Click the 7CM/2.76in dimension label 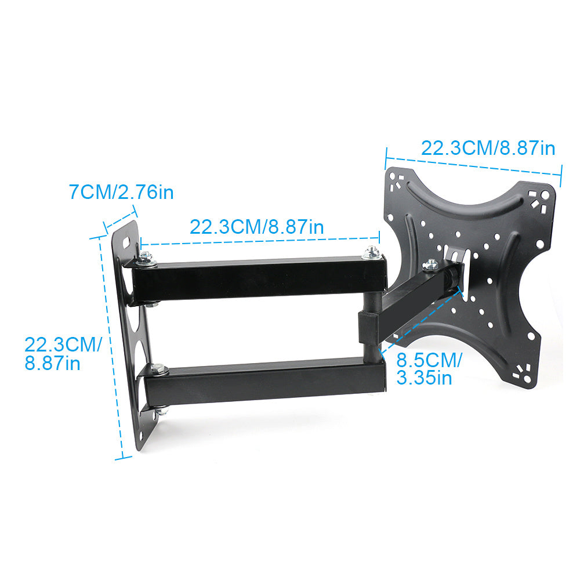[121, 193]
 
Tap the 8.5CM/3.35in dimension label [429, 369]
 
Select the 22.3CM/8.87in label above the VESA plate [488, 148]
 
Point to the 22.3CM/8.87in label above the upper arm [257, 227]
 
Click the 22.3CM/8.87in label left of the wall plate [63, 353]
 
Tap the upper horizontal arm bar [259, 277]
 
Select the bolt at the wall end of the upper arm [147, 259]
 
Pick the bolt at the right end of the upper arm [372, 254]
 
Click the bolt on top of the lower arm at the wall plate [159, 369]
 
